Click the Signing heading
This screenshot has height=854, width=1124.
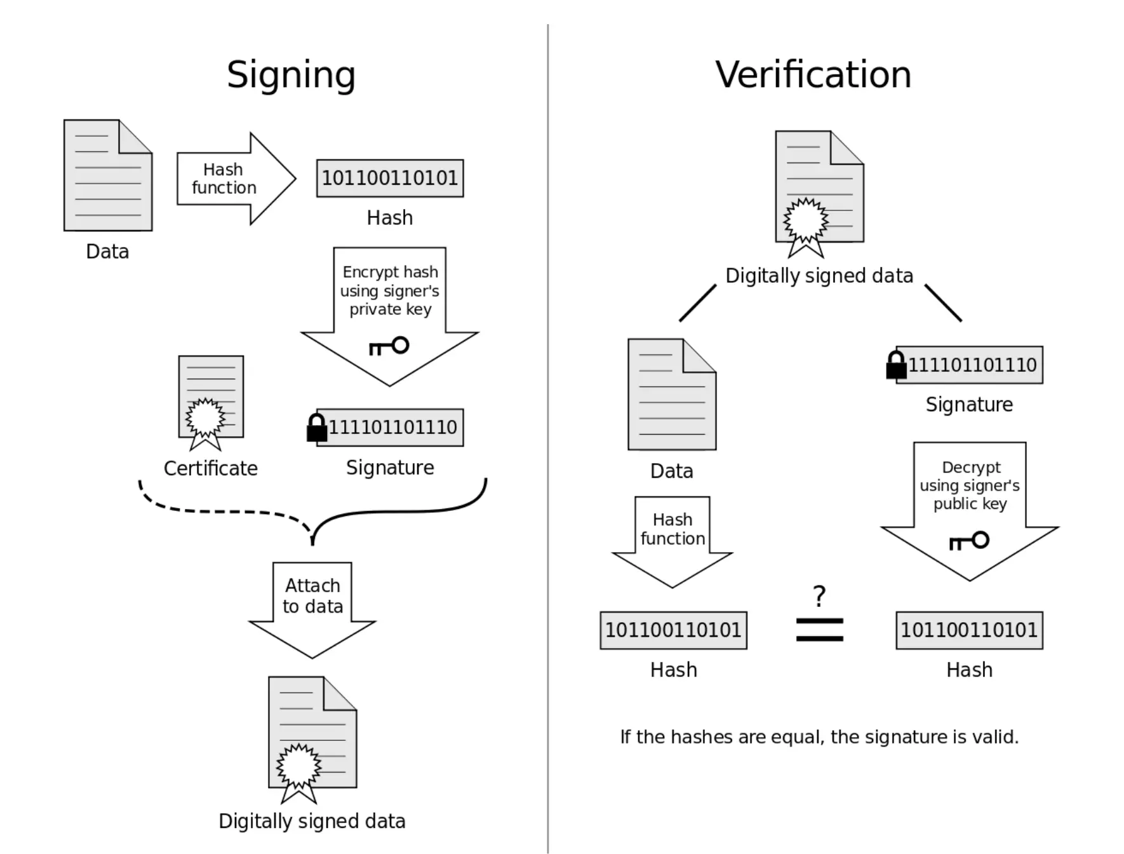point(291,75)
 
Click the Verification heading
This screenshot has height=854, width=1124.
point(813,75)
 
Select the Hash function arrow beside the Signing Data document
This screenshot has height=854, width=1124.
point(235,179)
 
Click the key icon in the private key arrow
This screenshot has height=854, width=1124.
point(389,346)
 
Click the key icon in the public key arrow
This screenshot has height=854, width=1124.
point(969,541)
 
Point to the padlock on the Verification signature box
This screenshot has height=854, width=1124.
point(896,365)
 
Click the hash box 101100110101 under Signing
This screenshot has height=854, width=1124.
point(390,179)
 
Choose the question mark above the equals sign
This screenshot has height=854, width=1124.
point(819,596)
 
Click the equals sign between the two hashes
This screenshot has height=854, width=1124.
point(819,630)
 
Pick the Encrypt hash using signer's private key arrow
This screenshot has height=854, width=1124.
point(389,305)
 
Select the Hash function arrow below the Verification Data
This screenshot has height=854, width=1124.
point(672,537)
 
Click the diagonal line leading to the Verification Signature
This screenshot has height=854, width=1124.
point(942,302)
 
